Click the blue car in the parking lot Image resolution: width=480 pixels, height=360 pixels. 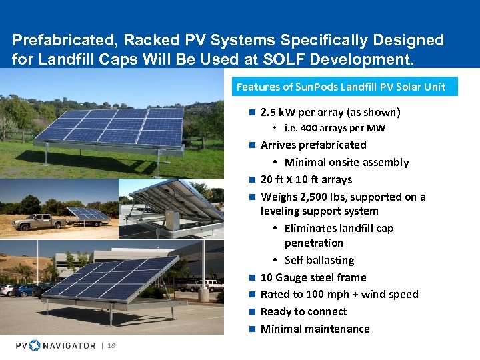coord(26,291)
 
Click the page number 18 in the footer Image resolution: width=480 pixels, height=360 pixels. coord(111,345)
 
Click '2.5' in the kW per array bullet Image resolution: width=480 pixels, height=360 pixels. coord(269,112)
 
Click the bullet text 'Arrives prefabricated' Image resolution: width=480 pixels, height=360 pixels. coord(313,145)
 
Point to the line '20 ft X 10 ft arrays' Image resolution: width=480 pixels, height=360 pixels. coord(306,179)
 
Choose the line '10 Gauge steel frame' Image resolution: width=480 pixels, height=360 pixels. coord(313,277)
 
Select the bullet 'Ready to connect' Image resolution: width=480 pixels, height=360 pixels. coord(303,311)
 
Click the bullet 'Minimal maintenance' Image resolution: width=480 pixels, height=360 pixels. coord(315,329)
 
